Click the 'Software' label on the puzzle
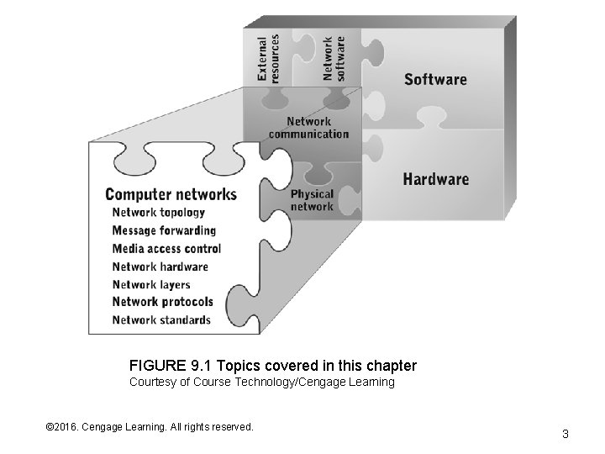[435, 80]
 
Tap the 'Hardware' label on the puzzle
[435, 179]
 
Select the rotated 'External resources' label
[268, 58]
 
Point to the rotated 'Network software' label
[334, 58]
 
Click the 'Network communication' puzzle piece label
[308, 128]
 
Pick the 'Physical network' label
[312, 200]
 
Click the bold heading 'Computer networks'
[171, 194]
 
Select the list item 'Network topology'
[158, 213]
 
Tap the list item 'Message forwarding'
[164, 230]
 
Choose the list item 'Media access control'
[166, 249]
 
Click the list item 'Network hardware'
[160, 267]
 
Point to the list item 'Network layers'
[151, 285]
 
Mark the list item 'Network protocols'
[162, 302]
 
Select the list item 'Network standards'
[161, 319]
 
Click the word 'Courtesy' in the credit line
[150, 383]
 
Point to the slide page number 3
[566, 434]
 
